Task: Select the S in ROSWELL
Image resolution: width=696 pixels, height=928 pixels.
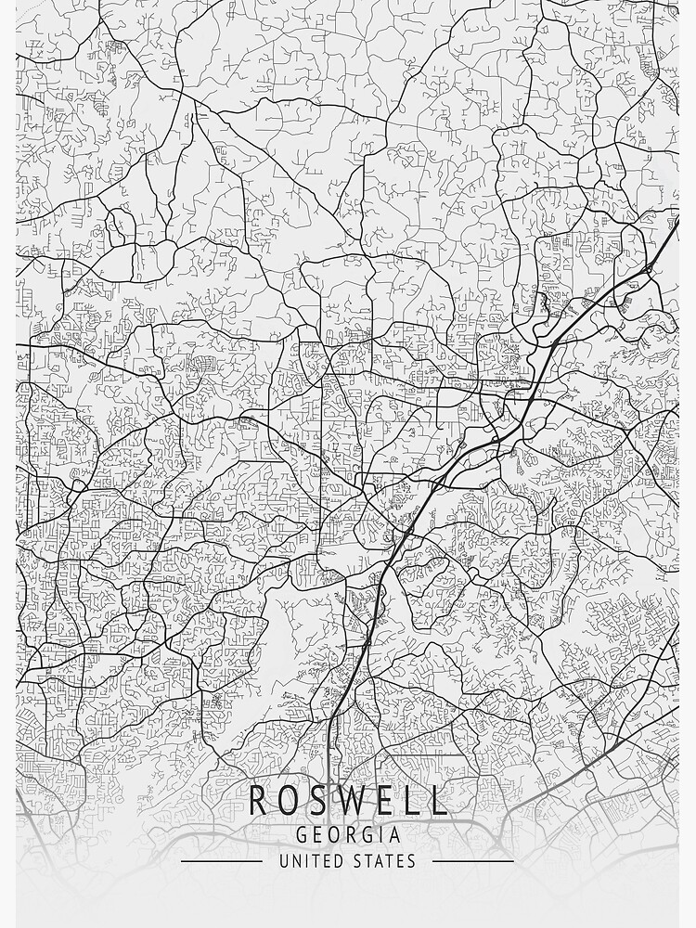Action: [x=318, y=801]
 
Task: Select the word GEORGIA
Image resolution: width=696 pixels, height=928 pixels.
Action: [x=348, y=834]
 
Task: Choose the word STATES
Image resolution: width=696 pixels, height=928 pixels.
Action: [x=385, y=861]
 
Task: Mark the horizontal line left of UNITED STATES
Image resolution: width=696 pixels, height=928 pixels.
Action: [x=222, y=861]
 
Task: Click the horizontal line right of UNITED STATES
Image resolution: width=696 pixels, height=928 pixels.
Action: [x=473, y=861]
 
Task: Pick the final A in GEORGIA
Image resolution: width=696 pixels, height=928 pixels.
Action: [x=395, y=834]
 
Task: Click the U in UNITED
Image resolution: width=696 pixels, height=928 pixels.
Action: [x=284, y=861]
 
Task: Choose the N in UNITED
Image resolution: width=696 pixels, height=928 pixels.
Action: [x=296, y=861]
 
